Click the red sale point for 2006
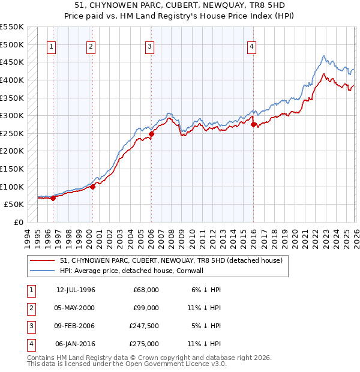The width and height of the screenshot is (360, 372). [x=151, y=134]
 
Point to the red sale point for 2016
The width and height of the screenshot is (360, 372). [x=253, y=124]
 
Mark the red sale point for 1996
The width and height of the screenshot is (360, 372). [x=53, y=198]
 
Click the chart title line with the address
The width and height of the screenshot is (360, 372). [x=179, y=5]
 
